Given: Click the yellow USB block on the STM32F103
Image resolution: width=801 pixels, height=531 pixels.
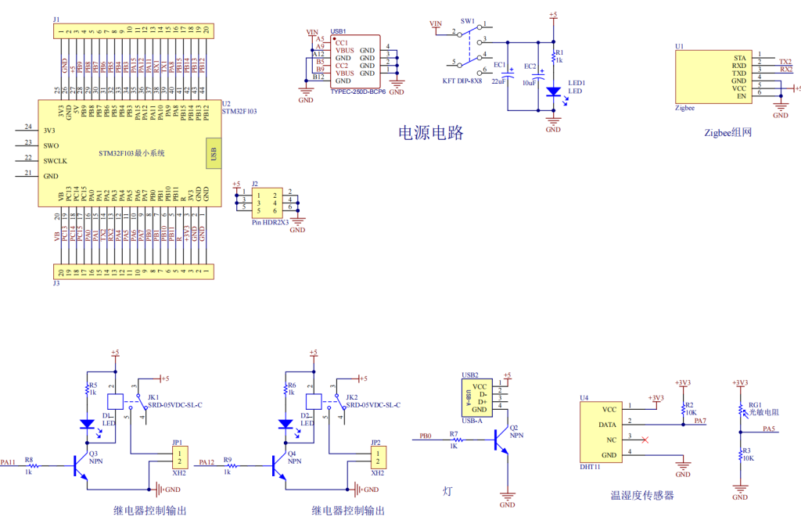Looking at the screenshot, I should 212,153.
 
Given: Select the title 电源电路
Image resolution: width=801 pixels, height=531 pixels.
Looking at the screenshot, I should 432,133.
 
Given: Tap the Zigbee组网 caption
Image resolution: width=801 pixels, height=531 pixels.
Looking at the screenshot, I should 727,132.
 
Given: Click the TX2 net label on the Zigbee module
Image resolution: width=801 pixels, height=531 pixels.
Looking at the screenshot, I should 785,60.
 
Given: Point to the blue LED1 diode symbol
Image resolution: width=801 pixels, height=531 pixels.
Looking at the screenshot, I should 554,91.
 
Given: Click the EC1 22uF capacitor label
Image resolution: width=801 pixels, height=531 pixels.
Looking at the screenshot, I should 499,74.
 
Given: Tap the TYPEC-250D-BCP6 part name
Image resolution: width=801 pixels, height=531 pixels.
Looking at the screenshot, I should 358,91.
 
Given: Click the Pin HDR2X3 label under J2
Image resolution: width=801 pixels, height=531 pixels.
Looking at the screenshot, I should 270,222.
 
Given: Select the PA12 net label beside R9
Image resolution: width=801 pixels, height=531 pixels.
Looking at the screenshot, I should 207,462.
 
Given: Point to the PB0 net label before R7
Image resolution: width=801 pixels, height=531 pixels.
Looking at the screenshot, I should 425,436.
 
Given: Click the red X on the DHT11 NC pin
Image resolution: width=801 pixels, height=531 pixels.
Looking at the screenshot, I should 644,440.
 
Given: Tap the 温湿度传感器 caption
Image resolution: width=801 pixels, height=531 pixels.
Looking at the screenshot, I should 642,495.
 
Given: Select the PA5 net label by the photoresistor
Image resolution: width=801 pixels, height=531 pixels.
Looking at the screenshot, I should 769,429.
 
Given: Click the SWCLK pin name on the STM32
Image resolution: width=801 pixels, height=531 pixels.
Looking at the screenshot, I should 56,161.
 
